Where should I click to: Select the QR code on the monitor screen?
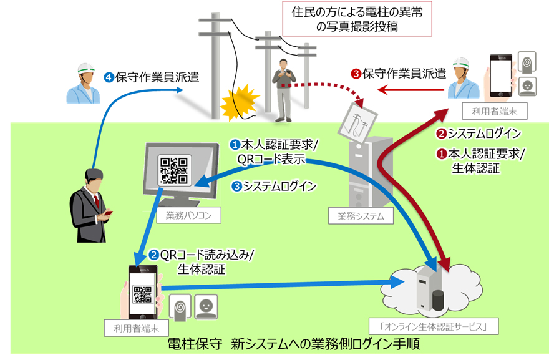(x=173, y=168)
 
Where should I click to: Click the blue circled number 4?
(x=109, y=78)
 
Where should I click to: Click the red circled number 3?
(x=356, y=73)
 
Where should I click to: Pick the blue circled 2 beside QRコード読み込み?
(x=154, y=255)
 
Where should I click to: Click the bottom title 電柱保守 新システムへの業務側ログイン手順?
(x=293, y=344)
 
